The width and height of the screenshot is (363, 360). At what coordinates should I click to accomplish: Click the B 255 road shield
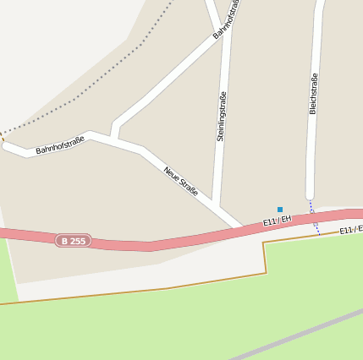click(73, 241)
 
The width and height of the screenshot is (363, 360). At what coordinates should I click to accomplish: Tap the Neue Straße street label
click(181, 181)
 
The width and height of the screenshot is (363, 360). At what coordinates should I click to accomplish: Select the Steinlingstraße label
click(222, 116)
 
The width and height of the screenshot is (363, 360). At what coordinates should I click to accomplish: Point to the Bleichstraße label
click(313, 93)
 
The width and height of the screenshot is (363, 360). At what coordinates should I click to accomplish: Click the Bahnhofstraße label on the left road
click(59, 145)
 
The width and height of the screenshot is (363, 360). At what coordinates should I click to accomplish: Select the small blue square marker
click(280, 209)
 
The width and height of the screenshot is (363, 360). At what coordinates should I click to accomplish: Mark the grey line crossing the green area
click(296, 335)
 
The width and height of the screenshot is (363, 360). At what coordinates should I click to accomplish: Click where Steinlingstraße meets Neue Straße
click(219, 207)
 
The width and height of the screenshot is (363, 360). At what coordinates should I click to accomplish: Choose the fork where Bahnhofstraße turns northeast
click(113, 135)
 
